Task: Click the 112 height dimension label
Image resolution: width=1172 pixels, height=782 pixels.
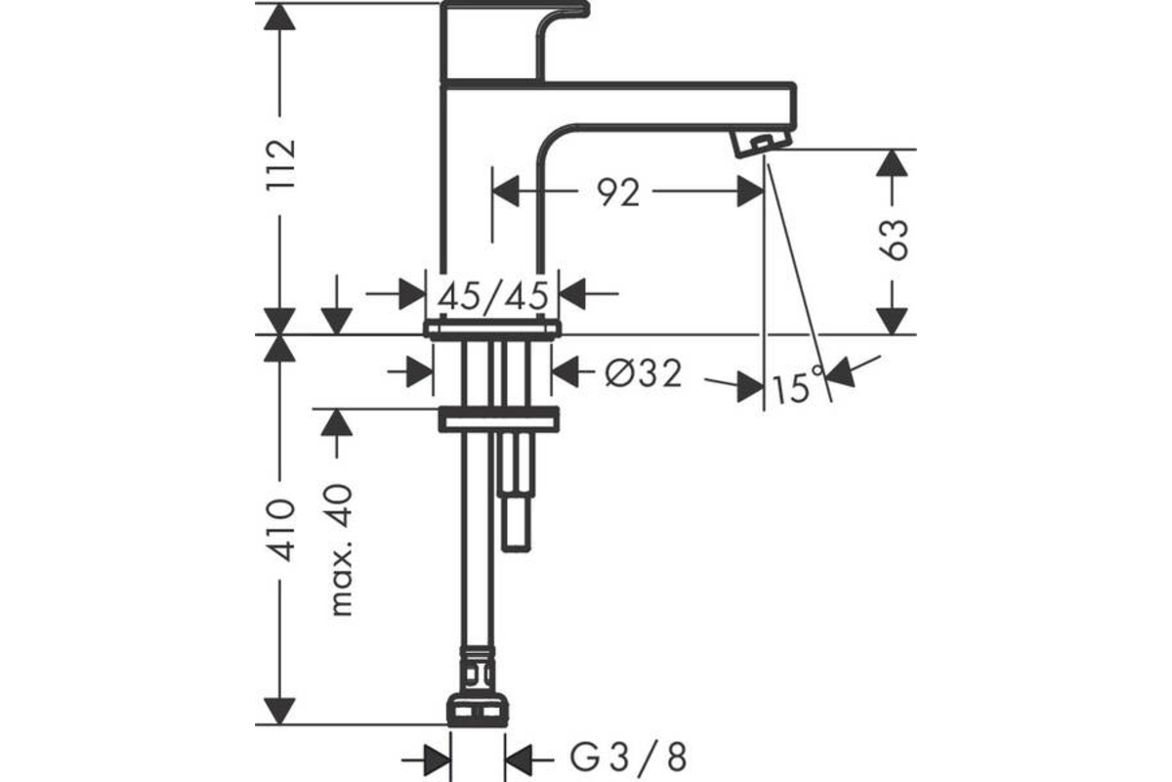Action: pyautogui.click(x=281, y=164)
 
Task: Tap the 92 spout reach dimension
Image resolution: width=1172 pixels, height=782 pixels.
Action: pyautogui.click(x=618, y=193)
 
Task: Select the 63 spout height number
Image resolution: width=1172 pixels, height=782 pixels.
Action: pyautogui.click(x=893, y=239)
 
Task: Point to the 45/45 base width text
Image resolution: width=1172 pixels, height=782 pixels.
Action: pyautogui.click(x=493, y=296)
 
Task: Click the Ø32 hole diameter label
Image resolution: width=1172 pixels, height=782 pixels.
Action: pyautogui.click(x=644, y=373)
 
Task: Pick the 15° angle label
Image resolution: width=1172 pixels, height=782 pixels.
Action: pyautogui.click(x=798, y=386)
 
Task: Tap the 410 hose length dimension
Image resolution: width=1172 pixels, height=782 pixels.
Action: pyautogui.click(x=281, y=530)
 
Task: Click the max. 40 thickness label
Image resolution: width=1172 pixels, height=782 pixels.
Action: pyautogui.click(x=343, y=549)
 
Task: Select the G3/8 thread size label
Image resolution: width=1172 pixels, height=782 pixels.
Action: pyautogui.click(x=628, y=757)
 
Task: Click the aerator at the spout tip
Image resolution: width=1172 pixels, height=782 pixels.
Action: pyautogui.click(x=763, y=143)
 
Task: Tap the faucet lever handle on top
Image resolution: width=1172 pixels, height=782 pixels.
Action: pyautogui.click(x=515, y=41)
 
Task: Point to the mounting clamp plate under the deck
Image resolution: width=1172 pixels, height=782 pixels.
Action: pyautogui.click(x=499, y=419)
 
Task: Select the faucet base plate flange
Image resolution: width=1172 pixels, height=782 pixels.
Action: pyautogui.click(x=492, y=329)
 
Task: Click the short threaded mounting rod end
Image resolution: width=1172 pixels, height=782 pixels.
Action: pyautogui.click(x=516, y=523)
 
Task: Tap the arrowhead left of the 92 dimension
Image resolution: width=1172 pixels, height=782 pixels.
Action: pyautogui.click(x=506, y=192)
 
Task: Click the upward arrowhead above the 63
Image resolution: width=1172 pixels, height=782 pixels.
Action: pyautogui.click(x=892, y=163)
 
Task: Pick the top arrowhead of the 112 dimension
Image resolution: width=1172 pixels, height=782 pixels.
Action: pyautogui.click(x=279, y=17)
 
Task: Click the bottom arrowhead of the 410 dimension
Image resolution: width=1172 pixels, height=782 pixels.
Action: pyautogui.click(x=279, y=712)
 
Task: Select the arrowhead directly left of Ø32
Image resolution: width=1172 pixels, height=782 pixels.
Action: pyautogui.click(x=565, y=371)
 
